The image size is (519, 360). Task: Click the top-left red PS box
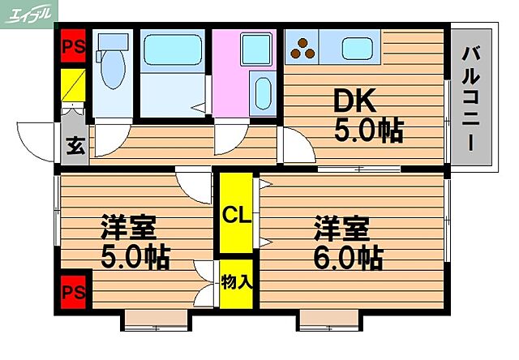pos(72,46)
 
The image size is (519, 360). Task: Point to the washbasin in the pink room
pos(262,96)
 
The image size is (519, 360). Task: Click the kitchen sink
pos(356,48)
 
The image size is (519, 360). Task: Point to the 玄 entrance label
pos(73,148)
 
